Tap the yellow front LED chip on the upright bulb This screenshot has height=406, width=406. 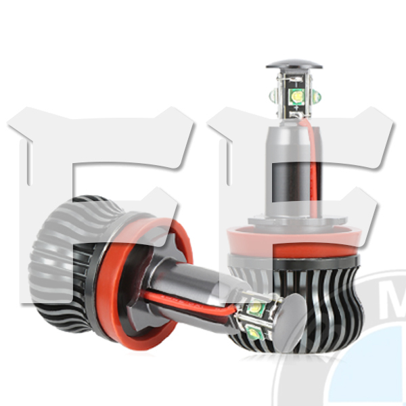(298, 97)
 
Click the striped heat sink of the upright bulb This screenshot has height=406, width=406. (298, 304)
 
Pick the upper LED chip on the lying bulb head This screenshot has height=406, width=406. (255, 309)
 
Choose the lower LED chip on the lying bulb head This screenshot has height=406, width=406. (255, 332)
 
